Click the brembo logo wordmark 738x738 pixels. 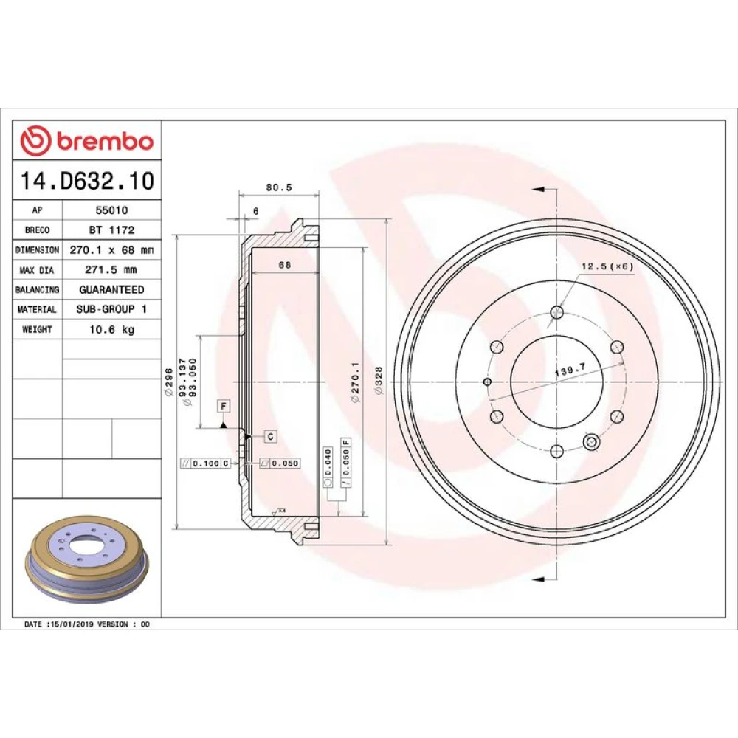[x=105, y=141]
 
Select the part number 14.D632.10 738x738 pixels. [x=87, y=181]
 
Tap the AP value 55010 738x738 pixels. [x=112, y=210]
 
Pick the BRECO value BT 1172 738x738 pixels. [x=112, y=230]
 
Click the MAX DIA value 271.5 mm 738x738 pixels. [x=111, y=269]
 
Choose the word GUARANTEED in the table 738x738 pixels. [x=112, y=289]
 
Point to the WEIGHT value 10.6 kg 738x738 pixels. [x=112, y=329]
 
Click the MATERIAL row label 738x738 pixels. [x=37, y=310]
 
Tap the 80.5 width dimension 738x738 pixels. [x=279, y=187]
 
